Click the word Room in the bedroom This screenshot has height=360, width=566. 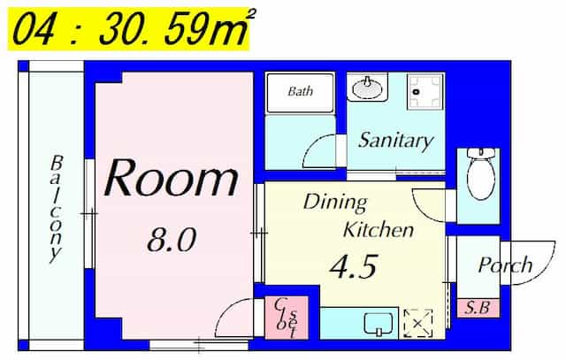pos(171,179)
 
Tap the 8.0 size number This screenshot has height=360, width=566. pos(172,240)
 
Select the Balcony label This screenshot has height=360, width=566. pos(56,210)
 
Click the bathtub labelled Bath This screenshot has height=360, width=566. pos(300,93)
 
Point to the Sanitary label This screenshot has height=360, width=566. pos(395,140)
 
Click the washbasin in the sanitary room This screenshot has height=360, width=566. pos(368,87)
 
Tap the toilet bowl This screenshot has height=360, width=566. pos(480,174)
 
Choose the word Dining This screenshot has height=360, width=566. pos(335,203)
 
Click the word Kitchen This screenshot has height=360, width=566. pos(379,230)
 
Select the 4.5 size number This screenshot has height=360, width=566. pos(355,266)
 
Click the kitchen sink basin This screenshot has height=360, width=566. pos(379,325)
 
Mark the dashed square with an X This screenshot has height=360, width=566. pos(418,323)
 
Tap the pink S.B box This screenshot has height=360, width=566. pos(478,308)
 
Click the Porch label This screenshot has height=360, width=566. pos(505,265)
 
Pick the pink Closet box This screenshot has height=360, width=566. pos(287,318)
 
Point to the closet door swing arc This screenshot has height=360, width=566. pos(226,311)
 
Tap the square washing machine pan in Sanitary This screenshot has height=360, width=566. pos(424,92)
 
